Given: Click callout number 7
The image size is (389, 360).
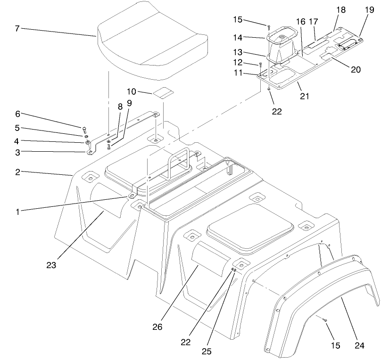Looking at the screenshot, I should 17,29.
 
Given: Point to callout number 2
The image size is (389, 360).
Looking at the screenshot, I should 17,172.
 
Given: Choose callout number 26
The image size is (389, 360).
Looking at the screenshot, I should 158,326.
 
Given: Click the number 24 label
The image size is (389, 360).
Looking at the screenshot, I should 360,346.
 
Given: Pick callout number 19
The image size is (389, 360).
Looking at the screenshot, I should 369,10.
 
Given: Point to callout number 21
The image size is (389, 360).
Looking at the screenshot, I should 304,97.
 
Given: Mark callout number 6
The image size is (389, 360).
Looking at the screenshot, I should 17,114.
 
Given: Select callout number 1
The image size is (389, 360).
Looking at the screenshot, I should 17,212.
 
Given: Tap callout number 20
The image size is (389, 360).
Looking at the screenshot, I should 356,70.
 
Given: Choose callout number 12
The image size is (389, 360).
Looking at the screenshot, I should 238,62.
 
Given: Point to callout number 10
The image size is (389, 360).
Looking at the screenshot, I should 132,90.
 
